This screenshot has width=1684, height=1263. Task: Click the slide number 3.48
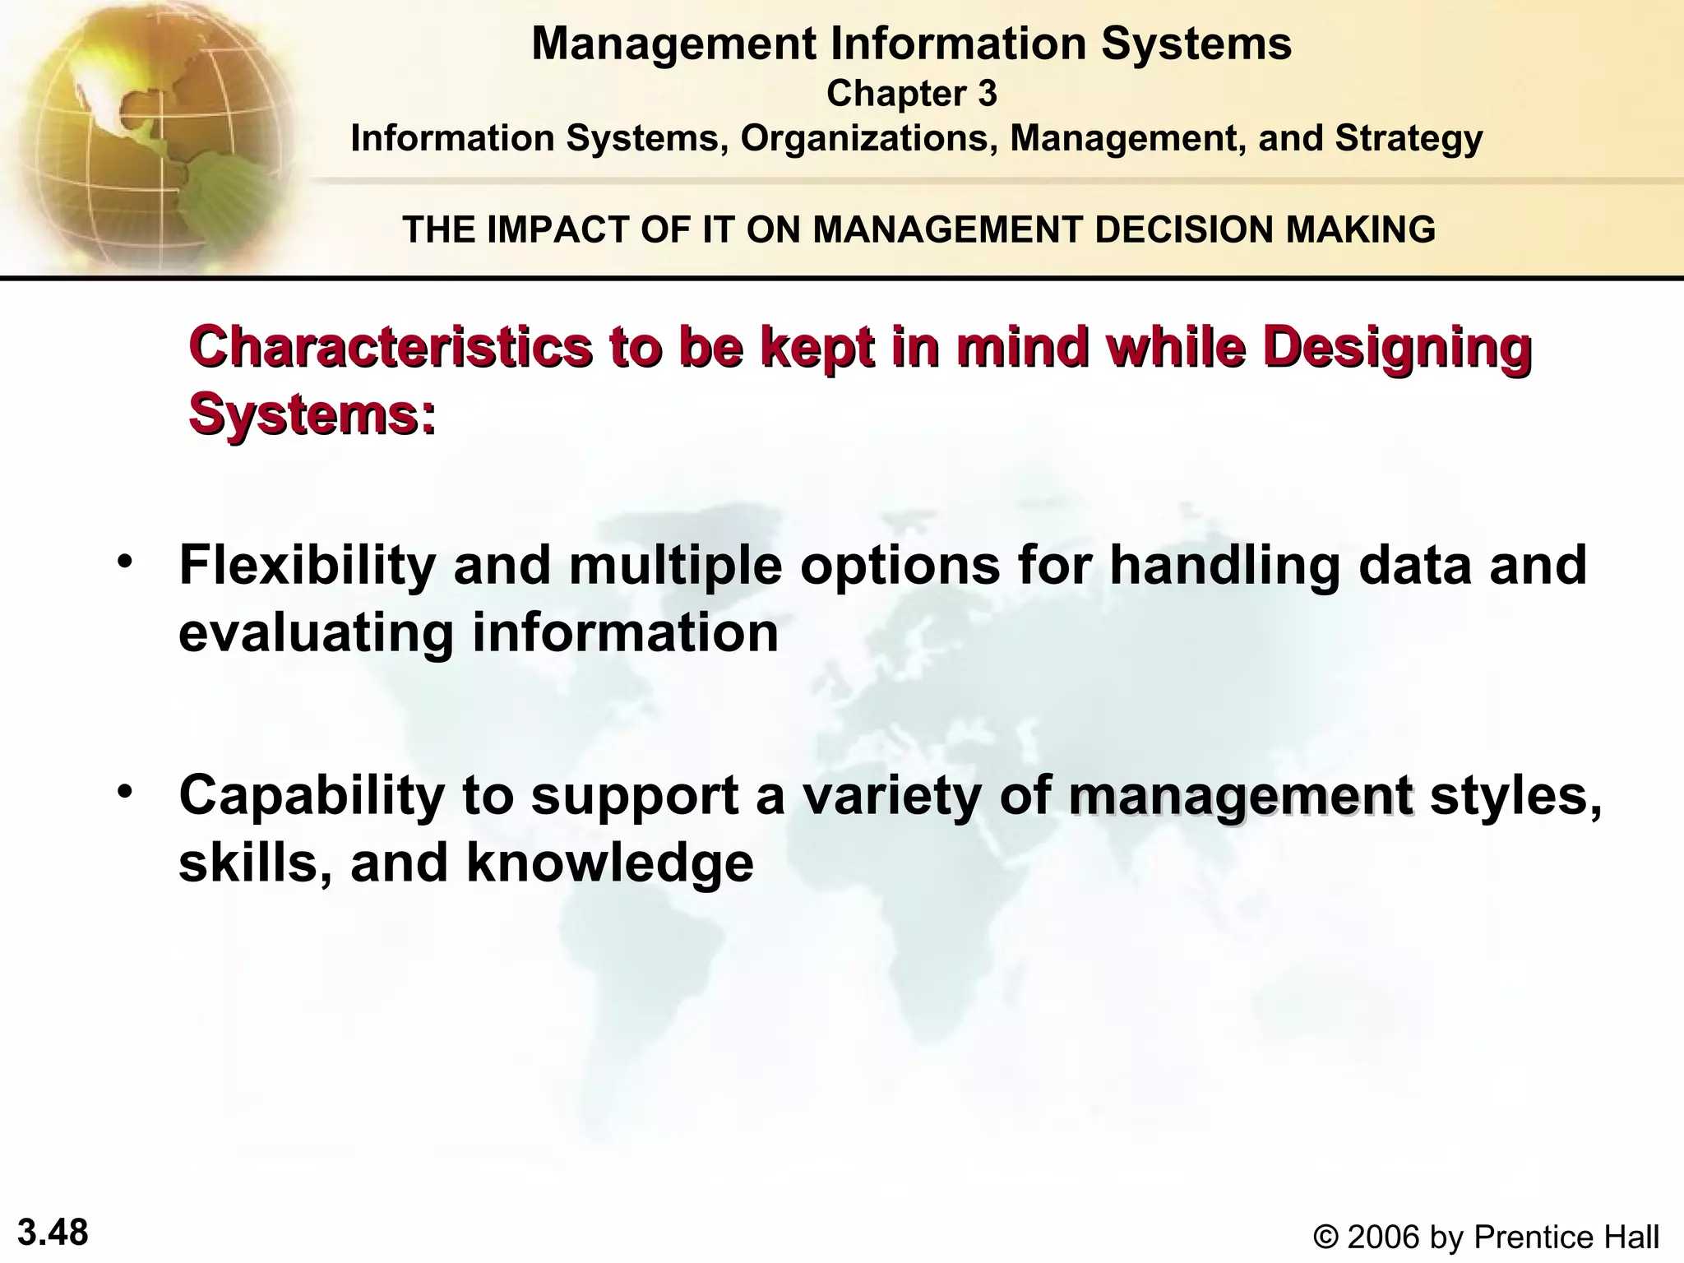point(53,1233)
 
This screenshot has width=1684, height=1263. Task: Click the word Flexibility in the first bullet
point(307,567)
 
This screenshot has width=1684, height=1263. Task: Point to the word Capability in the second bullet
point(312,797)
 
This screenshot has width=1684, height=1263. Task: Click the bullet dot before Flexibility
point(125,562)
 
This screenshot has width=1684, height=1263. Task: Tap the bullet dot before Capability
point(125,792)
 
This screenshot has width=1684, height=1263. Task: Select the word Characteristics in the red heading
point(390,348)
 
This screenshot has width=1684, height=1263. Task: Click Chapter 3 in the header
point(911,94)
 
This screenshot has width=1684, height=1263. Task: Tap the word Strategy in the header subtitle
point(1409,139)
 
